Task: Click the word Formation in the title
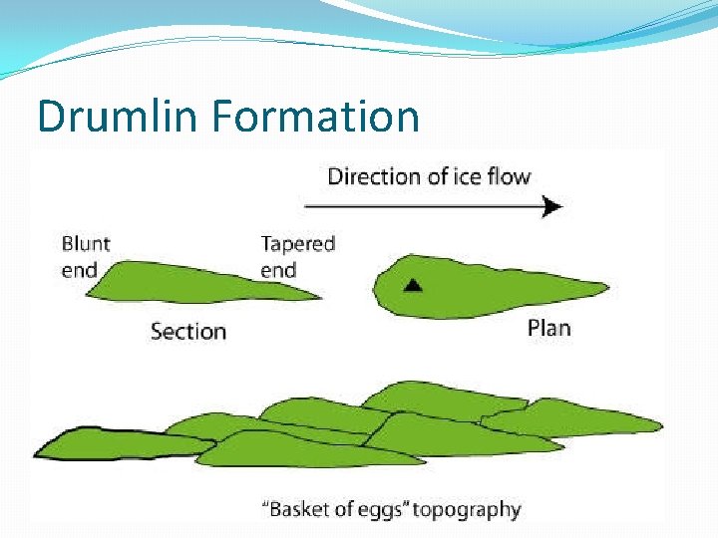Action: [x=314, y=116]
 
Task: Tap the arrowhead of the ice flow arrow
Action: [x=551, y=206]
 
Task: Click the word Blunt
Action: [x=86, y=243]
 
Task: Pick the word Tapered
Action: [x=297, y=243]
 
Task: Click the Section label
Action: [x=187, y=331]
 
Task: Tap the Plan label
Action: [x=548, y=328]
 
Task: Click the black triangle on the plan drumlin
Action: [x=413, y=285]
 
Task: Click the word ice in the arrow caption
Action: [x=462, y=176]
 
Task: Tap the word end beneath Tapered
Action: [x=278, y=270]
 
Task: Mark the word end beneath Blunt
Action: [x=80, y=269]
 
